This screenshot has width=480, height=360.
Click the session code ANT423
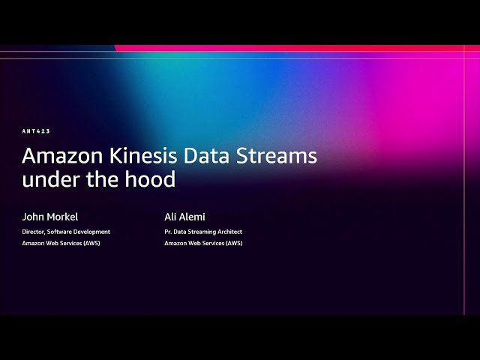pos(36,131)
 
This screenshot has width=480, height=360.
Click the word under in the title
pos(46,180)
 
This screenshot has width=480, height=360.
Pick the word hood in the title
pos(154,180)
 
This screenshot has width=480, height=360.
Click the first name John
pos(34,217)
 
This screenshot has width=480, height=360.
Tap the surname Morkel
pos(63,217)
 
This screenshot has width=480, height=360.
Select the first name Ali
pos(171,217)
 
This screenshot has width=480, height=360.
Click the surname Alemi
pos(193,217)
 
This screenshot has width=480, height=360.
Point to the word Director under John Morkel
pos(34,232)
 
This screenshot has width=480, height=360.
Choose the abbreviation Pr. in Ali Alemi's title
pos(168,232)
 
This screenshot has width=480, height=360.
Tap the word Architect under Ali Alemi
pos(228,232)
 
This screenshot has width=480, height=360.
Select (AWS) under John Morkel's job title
pos(91,243)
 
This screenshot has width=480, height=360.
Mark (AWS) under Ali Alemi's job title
pos(234,243)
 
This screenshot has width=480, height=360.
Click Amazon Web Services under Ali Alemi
pos(194,243)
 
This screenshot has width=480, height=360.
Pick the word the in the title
pos(103,180)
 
